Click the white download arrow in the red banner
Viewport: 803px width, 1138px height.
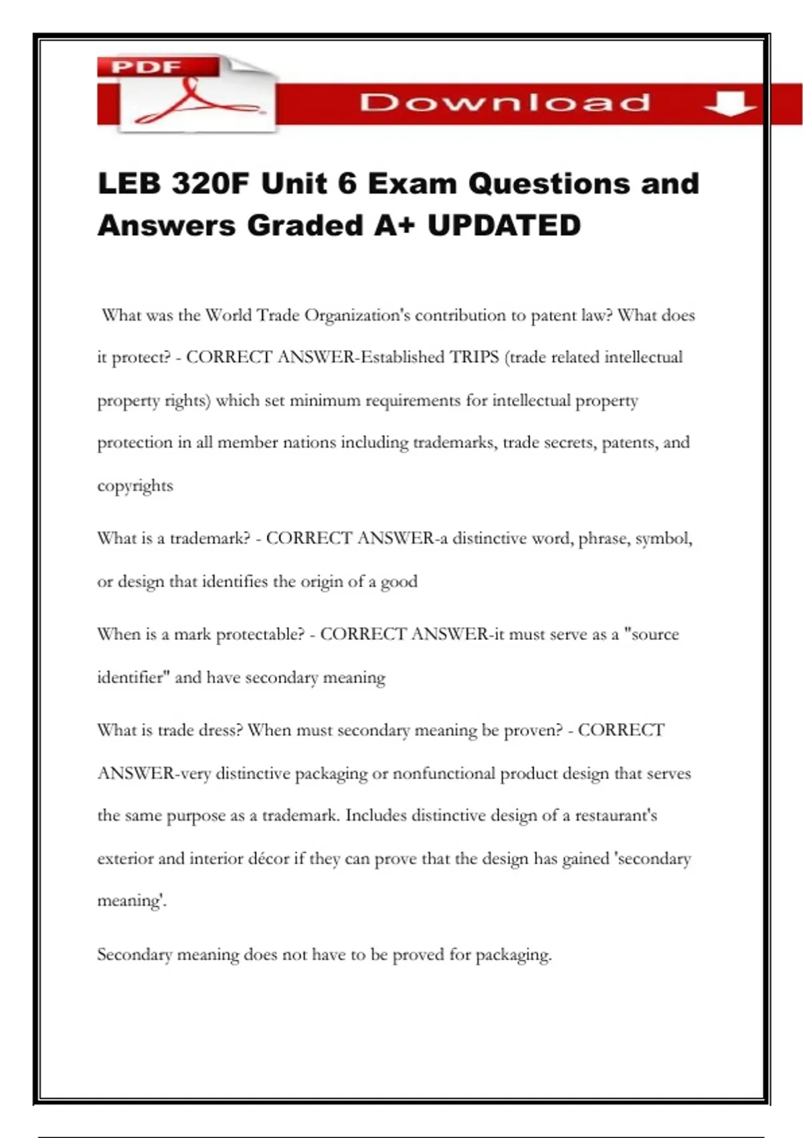(730, 104)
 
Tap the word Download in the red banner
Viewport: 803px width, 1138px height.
(505, 103)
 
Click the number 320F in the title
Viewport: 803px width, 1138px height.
(209, 183)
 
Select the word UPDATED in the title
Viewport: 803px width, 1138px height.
(504, 226)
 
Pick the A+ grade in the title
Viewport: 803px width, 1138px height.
(394, 226)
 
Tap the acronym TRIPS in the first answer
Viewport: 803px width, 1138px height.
(474, 357)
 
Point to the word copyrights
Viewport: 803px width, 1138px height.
(135, 485)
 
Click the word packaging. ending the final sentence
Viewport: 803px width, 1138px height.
(513, 955)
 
